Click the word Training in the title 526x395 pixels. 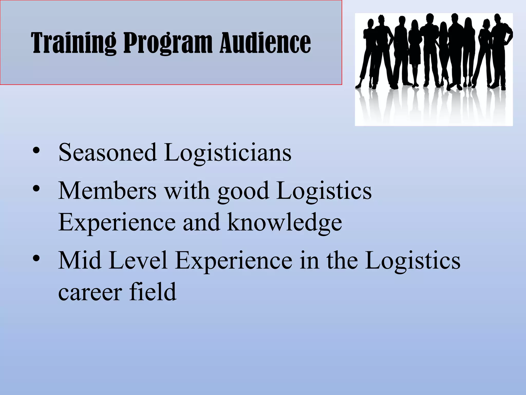point(73,43)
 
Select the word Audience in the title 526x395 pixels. point(265,43)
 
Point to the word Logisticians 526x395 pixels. point(228,153)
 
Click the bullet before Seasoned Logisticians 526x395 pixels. point(36,150)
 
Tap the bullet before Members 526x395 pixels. point(36,188)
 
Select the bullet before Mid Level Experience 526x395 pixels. point(36,258)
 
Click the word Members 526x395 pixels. point(107,191)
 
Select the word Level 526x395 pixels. point(138,261)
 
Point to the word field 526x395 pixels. point(153,292)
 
